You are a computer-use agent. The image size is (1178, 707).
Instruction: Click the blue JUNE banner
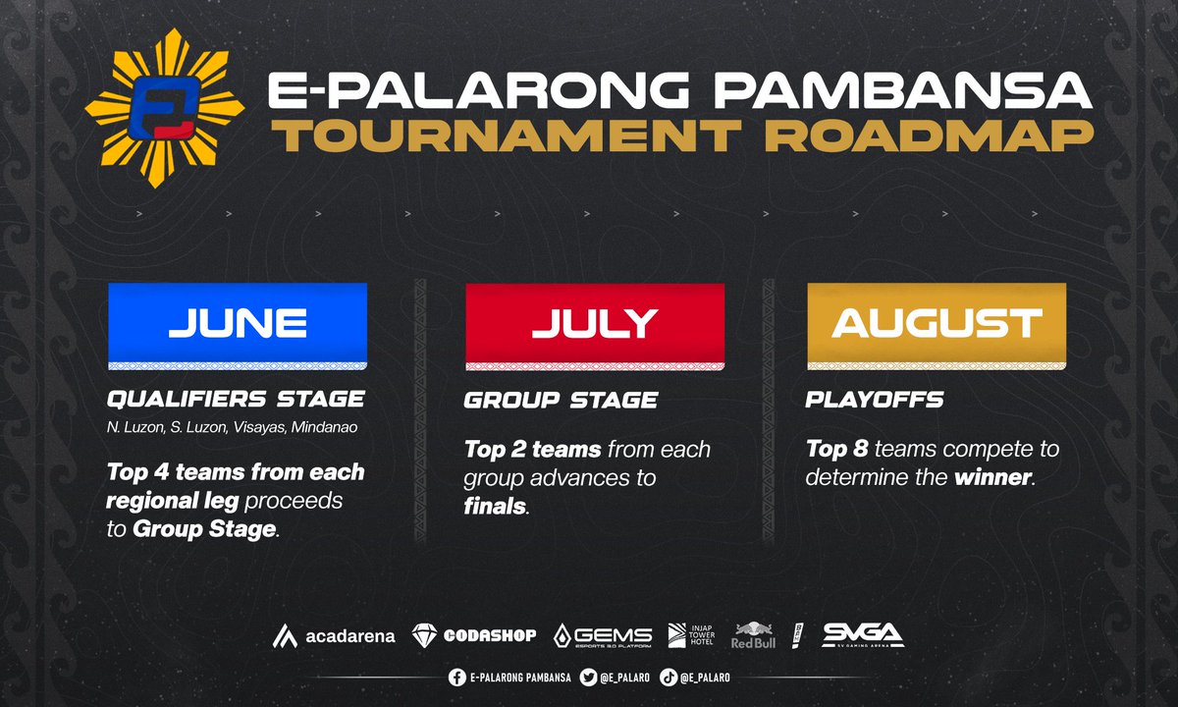click(237, 323)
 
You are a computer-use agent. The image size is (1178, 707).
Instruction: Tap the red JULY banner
click(595, 323)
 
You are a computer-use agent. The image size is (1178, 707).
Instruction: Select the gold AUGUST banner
click(936, 323)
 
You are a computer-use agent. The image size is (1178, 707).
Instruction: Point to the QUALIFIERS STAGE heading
click(237, 400)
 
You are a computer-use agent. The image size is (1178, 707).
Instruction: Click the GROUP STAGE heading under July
click(561, 400)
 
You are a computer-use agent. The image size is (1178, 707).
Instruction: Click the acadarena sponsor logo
click(334, 635)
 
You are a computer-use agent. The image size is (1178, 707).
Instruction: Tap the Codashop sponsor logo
click(474, 635)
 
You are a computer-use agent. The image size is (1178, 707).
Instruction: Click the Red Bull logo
click(753, 634)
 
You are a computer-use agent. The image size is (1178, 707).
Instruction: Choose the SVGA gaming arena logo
click(862, 634)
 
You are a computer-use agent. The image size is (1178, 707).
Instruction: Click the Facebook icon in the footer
click(456, 677)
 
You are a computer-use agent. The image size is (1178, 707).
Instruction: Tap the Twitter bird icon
click(588, 677)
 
